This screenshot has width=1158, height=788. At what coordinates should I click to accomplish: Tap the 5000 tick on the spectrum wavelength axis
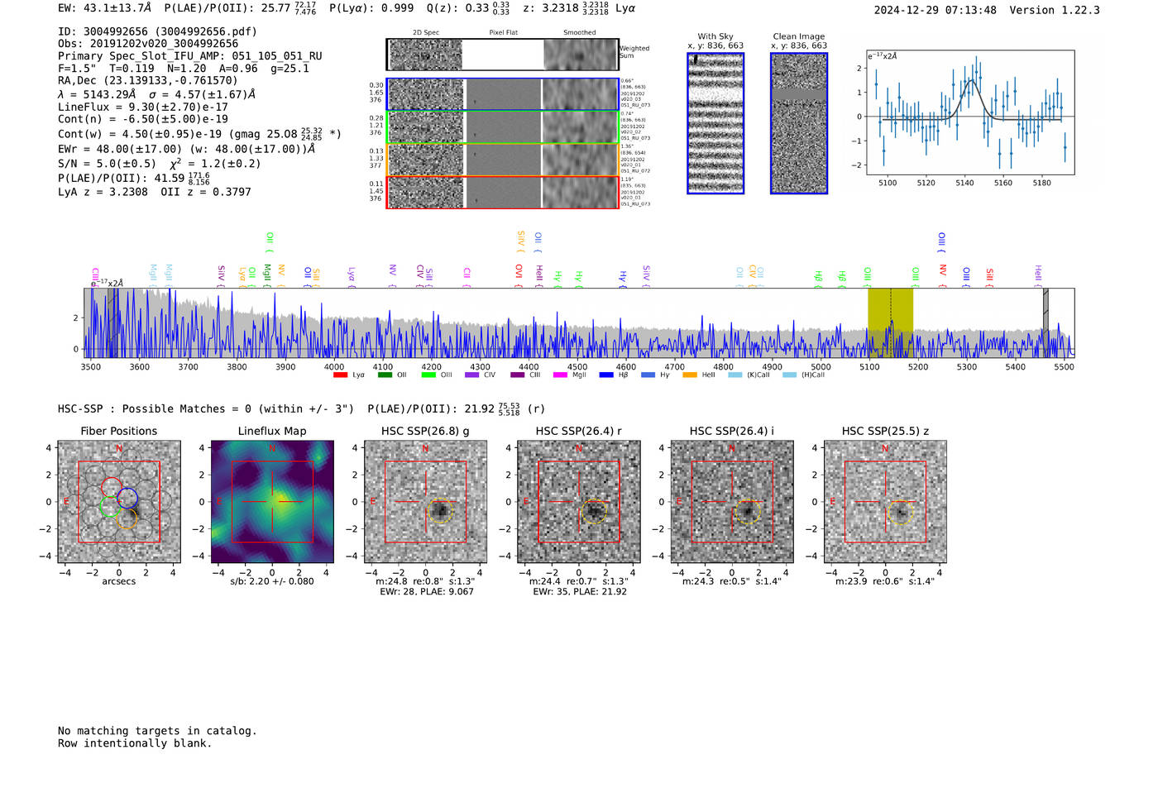click(x=821, y=367)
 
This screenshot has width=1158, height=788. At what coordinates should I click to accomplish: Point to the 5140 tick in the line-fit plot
click(x=964, y=183)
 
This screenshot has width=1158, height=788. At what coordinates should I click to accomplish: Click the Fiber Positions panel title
click(x=118, y=431)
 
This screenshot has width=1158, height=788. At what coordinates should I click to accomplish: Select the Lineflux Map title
click(x=272, y=431)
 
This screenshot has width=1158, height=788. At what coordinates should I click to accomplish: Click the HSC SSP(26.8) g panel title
click(x=425, y=431)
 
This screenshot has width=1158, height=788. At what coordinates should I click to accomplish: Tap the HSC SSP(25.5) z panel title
click(x=885, y=431)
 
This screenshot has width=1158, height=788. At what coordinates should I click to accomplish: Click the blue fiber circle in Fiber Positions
click(x=127, y=499)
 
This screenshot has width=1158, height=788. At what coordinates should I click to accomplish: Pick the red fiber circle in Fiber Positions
click(x=111, y=488)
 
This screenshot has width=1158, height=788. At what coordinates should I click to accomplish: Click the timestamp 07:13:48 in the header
click(x=967, y=10)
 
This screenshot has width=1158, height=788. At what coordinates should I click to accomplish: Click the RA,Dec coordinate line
click(x=147, y=80)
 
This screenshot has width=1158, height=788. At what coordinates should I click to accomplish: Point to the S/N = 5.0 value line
click(x=107, y=164)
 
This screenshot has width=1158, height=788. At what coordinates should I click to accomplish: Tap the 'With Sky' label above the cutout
click(x=715, y=36)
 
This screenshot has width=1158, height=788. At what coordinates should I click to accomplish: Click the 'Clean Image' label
click(x=799, y=36)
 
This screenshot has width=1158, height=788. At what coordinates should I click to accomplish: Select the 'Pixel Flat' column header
click(x=503, y=33)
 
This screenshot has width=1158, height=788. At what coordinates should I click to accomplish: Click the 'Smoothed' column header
click(x=579, y=33)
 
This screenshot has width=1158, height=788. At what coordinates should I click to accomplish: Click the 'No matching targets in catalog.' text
click(x=157, y=731)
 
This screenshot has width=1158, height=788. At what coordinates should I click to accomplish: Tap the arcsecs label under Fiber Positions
click(x=118, y=581)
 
